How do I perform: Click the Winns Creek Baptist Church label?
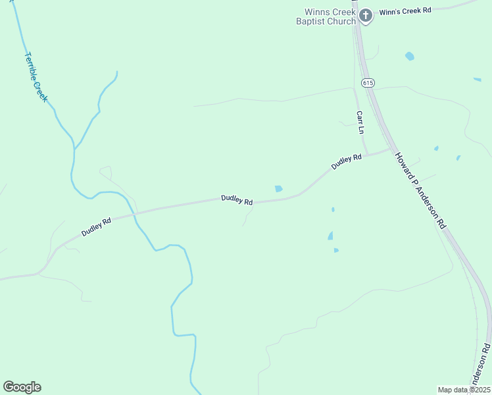pyautogui.click(x=330, y=16)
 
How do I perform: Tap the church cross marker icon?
pyautogui.click(x=366, y=14)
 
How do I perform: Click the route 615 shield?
pyautogui.click(x=368, y=82)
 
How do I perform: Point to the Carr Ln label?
pyautogui.click(x=360, y=122)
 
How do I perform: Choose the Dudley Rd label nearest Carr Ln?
pyautogui.click(x=347, y=161)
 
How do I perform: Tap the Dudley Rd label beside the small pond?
pyautogui.click(x=237, y=199)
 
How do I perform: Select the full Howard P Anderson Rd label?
pyautogui.click(x=420, y=190)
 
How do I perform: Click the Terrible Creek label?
pyautogui.click(x=36, y=77)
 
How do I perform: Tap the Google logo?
pyautogui.click(x=22, y=387)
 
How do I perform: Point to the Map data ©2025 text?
pyautogui.click(x=464, y=390)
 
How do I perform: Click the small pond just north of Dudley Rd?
pyautogui.click(x=278, y=189)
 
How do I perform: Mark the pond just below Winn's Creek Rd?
pyautogui.click(x=410, y=57)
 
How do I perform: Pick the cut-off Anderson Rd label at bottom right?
pyautogui.click(x=481, y=372)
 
